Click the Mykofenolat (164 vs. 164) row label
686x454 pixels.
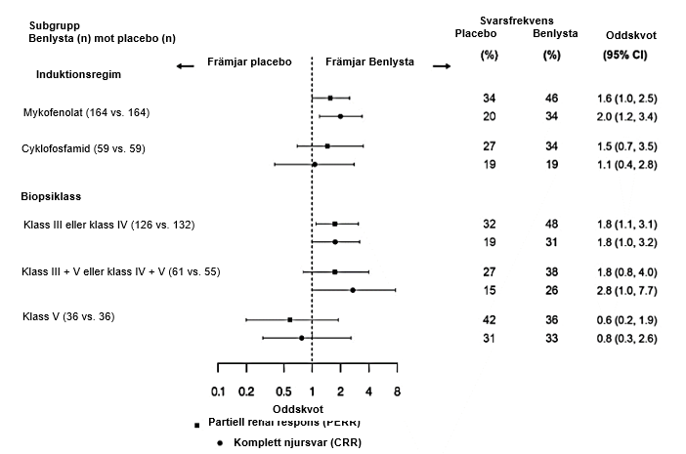(x=86, y=113)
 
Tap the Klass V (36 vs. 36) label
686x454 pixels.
(x=68, y=316)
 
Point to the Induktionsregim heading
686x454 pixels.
(x=79, y=73)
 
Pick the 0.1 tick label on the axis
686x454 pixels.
(x=218, y=392)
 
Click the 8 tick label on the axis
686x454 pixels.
(x=397, y=392)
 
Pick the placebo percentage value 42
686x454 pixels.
(x=490, y=319)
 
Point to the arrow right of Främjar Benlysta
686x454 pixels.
(x=441, y=65)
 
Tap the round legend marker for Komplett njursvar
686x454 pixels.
(x=221, y=442)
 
